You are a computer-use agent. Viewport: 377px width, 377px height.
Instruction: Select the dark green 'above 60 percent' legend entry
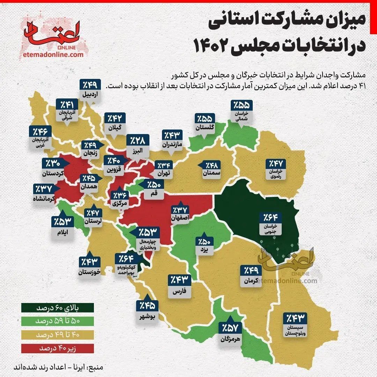pos(57,309)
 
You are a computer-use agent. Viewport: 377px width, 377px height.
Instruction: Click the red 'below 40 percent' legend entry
pos(57,348)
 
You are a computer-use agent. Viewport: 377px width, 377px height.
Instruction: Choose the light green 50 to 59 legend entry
pos(57,321)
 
